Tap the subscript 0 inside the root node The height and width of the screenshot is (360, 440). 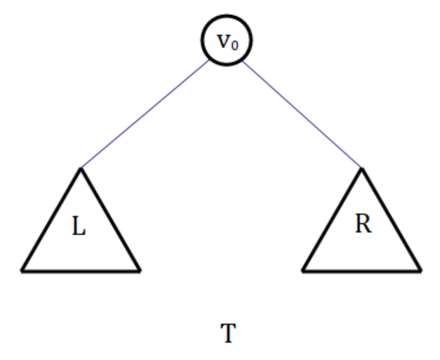[x=235, y=46]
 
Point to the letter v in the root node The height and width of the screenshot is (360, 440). [x=224, y=41]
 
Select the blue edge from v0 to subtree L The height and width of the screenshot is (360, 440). [x=145, y=114]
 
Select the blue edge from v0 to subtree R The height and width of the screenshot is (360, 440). [x=302, y=114]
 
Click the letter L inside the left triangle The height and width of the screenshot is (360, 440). [x=79, y=226]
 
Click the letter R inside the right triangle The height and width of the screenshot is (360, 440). [x=363, y=223]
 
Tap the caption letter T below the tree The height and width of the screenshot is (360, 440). [x=228, y=333]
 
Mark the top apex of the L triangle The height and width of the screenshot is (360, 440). [x=81, y=168]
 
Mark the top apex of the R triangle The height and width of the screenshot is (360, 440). [x=362, y=168]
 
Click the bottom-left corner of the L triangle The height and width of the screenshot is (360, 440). [x=22, y=271]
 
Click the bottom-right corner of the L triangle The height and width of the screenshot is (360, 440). [x=140, y=271]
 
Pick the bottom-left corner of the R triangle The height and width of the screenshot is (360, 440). [x=303, y=271]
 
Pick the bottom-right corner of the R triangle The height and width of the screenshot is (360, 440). [x=420, y=271]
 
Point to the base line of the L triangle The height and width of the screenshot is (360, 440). [x=81, y=271]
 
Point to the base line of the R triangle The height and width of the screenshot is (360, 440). [x=362, y=271]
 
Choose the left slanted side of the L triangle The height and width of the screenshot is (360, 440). [x=51, y=219]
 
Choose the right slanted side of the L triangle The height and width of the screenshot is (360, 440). [x=110, y=219]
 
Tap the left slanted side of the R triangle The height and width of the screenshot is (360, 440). [x=333, y=219]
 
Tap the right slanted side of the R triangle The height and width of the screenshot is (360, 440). [x=391, y=219]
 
